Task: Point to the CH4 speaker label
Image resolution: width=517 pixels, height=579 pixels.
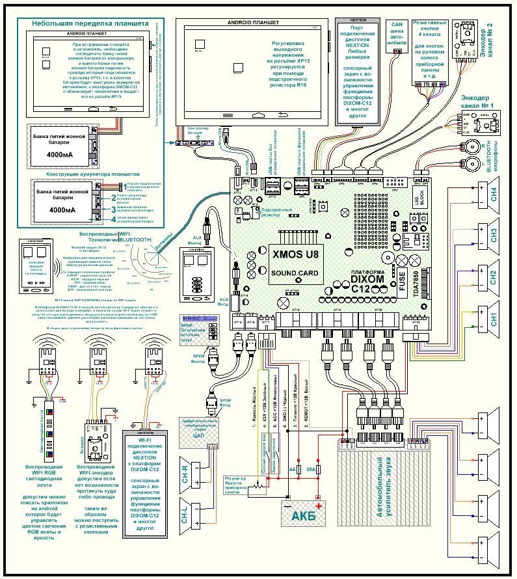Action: (x=495, y=194)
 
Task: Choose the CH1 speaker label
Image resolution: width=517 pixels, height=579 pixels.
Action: (x=495, y=319)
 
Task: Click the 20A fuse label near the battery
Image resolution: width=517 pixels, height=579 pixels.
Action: (x=311, y=467)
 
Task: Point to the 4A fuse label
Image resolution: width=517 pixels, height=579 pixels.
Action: (x=292, y=467)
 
